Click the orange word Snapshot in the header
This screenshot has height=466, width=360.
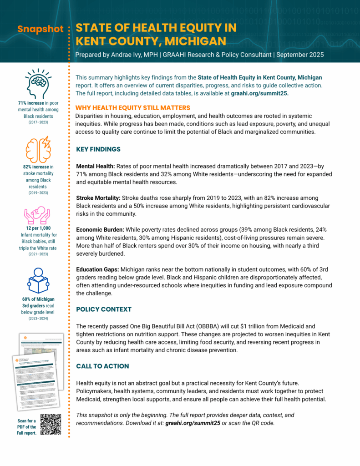(41, 29)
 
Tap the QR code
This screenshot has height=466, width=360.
(51, 424)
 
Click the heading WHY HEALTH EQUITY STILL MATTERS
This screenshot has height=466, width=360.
(132, 108)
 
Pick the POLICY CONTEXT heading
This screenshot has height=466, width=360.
(104, 309)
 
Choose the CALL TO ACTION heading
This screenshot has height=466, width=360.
(102, 366)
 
